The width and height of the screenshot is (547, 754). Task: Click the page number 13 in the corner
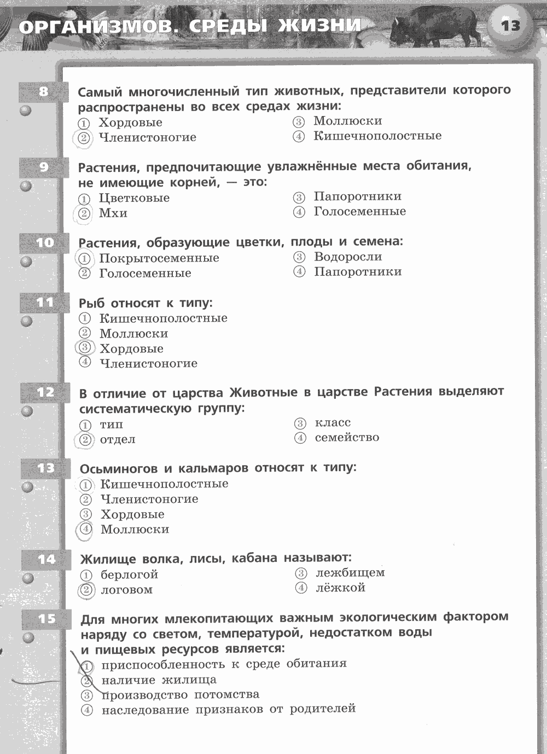click(x=510, y=26)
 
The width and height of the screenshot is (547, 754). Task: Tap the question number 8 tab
click(x=44, y=91)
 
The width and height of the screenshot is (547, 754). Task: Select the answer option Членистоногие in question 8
click(x=147, y=137)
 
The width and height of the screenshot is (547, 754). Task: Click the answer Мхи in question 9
click(x=113, y=213)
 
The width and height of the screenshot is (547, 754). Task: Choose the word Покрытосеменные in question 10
click(x=159, y=258)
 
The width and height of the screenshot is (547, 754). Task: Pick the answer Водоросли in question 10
click(x=348, y=257)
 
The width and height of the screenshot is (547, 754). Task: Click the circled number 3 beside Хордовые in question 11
click(x=85, y=348)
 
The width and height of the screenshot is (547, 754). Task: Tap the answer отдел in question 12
click(x=118, y=439)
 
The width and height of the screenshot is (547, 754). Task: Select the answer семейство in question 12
click(x=347, y=437)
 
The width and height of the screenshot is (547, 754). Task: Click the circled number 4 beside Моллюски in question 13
click(x=86, y=529)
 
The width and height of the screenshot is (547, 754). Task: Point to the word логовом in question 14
click(x=127, y=590)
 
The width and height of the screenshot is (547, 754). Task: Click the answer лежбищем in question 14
click(x=350, y=573)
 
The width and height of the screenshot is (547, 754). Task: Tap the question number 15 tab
click(x=47, y=618)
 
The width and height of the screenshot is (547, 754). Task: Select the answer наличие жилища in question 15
click(x=159, y=680)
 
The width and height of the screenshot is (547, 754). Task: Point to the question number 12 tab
click(x=46, y=392)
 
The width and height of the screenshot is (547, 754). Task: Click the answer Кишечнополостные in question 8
click(x=377, y=136)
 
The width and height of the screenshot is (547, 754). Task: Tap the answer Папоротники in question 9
click(x=358, y=196)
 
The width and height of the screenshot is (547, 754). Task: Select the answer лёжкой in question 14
click(x=340, y=588)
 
